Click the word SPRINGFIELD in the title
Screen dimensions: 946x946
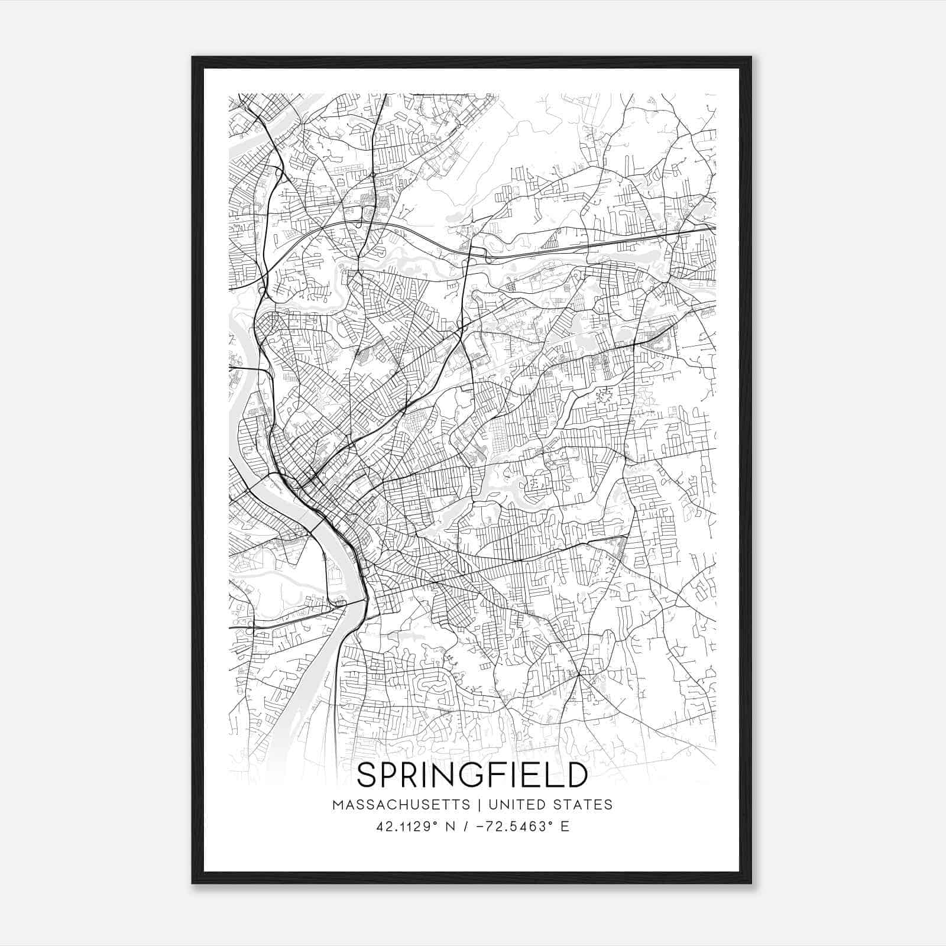point(472,775)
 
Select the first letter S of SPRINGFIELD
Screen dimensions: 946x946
point(368,775)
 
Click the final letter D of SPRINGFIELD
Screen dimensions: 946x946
point(575,775)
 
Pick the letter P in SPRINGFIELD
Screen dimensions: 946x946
point(393,775)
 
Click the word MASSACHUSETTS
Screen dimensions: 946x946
point(401,805)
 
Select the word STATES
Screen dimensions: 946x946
point(585,805)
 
